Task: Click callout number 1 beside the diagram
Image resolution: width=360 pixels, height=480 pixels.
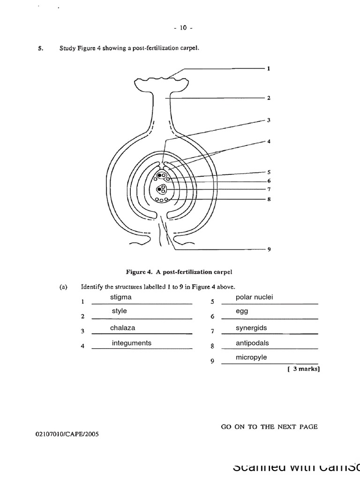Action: [269, 68]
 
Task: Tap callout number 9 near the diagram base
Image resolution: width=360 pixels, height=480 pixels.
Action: [269, 250]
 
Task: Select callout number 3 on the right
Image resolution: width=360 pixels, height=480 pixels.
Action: [269, 120]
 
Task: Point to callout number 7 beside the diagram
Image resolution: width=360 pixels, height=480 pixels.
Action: [269, 189]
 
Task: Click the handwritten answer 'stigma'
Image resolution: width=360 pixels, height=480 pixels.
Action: [120, 297]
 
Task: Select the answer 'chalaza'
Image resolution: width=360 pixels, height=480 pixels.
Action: [122, 328]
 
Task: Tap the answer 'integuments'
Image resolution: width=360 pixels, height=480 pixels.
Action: [131, 343]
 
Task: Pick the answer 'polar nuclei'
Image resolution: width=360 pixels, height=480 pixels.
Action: [254, 297]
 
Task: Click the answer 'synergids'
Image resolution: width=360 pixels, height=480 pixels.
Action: [251, 328]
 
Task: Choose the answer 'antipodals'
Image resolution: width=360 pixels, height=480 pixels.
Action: [252, 343]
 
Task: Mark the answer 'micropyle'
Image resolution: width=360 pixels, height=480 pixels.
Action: [251, 357]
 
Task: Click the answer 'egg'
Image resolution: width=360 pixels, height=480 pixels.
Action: [242, 311]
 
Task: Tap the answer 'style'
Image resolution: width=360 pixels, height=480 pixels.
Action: [119, 311]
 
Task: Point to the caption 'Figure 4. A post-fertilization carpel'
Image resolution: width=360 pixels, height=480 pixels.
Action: [180, 271]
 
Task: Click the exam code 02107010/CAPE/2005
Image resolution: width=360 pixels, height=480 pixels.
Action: [67, 434]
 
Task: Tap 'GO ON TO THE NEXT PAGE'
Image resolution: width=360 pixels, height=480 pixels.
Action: [269, 427]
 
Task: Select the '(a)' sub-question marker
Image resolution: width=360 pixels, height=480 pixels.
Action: [63, 287]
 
